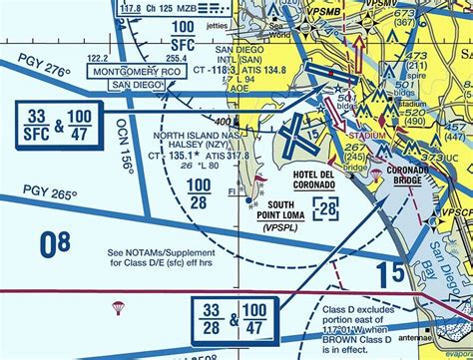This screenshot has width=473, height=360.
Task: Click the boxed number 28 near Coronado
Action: [x=326, y=207]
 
